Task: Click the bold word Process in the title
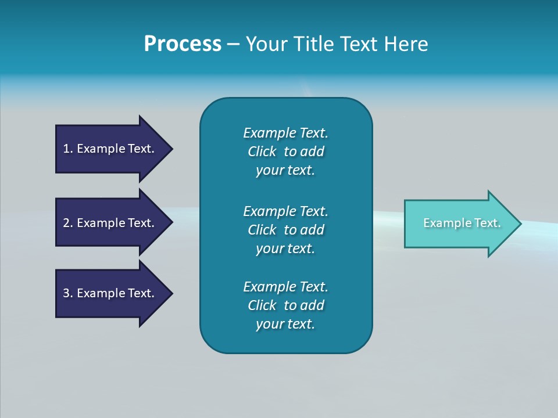[183, 44]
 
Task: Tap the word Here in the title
[406, 44]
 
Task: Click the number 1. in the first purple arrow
[68, 149]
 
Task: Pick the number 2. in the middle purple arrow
[68, 223]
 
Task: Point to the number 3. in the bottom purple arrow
[68, 293]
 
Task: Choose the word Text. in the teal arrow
[487, 223]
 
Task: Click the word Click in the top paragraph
[262, 152]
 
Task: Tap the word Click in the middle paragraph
[262, 230]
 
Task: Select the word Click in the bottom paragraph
[262, 305]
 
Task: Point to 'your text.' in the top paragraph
[285, 171]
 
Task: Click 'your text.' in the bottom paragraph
[285, 324]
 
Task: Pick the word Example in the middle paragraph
[269, 211]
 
